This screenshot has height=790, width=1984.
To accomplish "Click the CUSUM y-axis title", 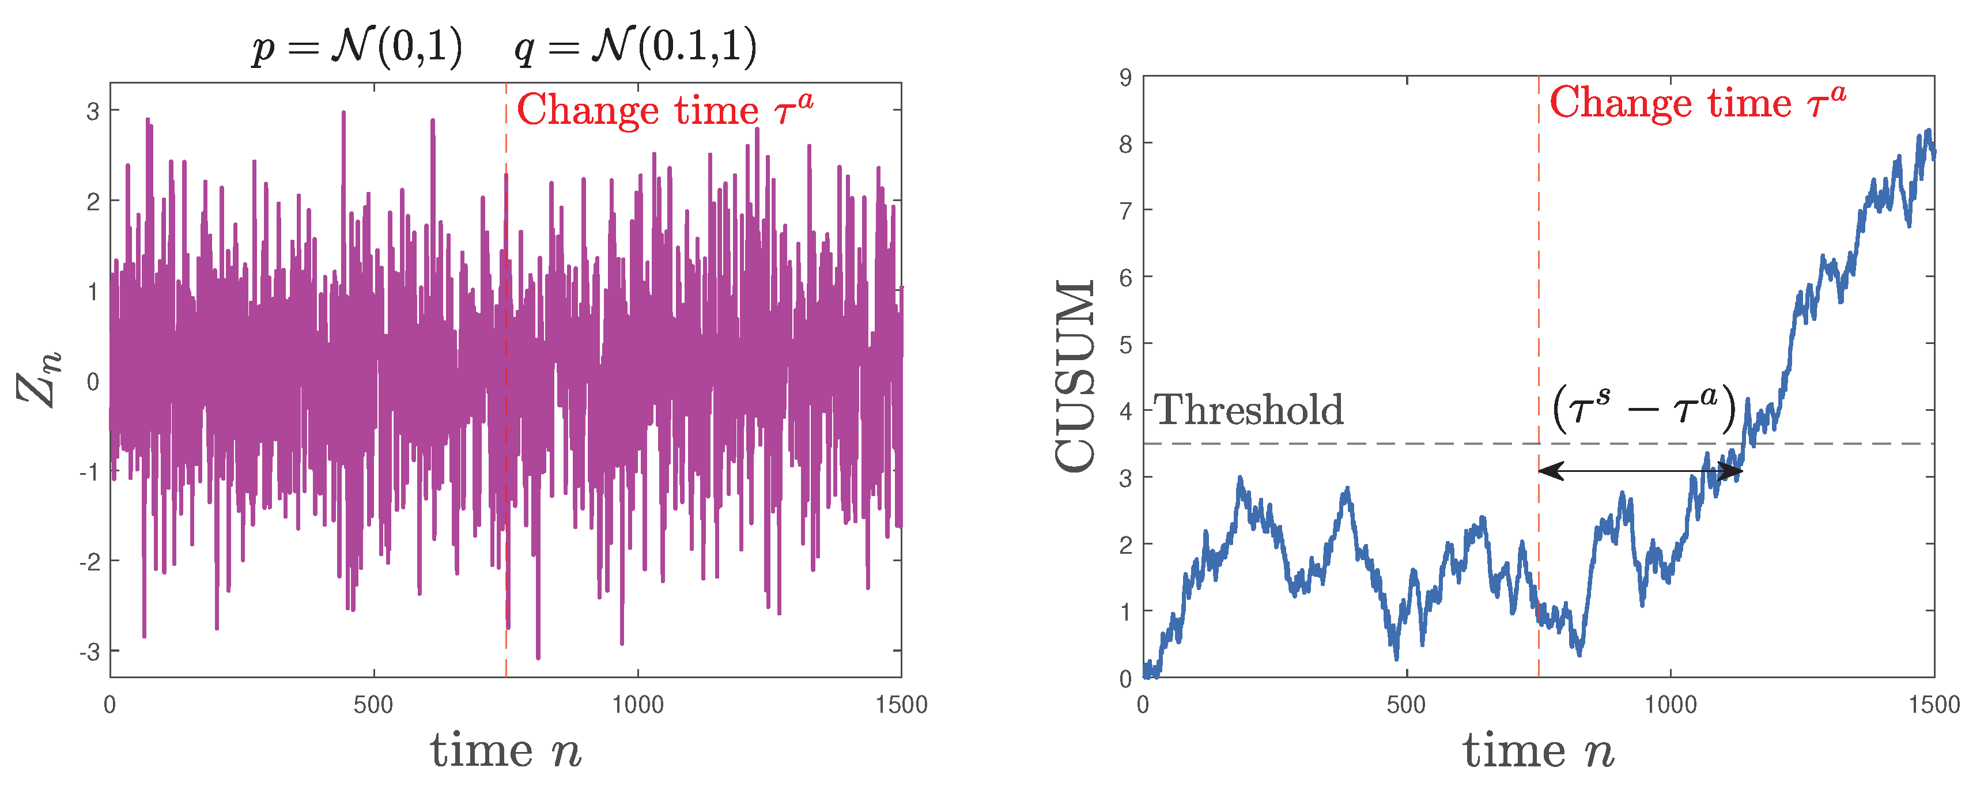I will coord(1075,376).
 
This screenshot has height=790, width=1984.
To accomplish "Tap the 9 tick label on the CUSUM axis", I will coord(1125,77).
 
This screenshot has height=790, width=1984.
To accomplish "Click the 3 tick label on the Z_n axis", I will coord(93,112).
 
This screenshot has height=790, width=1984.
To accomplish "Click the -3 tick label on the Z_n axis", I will coord(89,652).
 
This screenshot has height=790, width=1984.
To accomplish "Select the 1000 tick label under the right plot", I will coord(1670,705).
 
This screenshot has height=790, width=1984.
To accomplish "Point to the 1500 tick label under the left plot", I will coord(901,705).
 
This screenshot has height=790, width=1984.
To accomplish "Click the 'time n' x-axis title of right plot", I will coord(1538,751).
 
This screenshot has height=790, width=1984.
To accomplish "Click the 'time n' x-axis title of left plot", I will coord(505,751).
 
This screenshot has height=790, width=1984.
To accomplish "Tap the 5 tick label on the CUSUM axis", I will coord(1125,344).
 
